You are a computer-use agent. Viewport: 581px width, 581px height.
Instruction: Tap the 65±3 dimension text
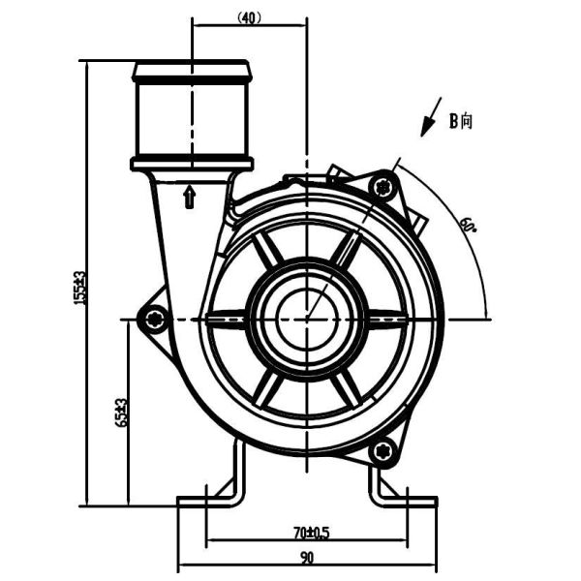[x=121, y=412]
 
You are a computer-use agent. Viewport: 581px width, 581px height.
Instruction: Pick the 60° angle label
[x=468, y=226]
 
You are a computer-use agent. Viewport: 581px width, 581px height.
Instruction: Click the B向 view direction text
[x=460, y=121]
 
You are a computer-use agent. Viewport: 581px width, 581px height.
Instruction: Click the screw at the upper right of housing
[x=386, y=184]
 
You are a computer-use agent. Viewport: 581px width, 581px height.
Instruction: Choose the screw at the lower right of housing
[x=383, y=450]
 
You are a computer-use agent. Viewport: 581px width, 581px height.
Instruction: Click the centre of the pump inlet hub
[x=306, y=317]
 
